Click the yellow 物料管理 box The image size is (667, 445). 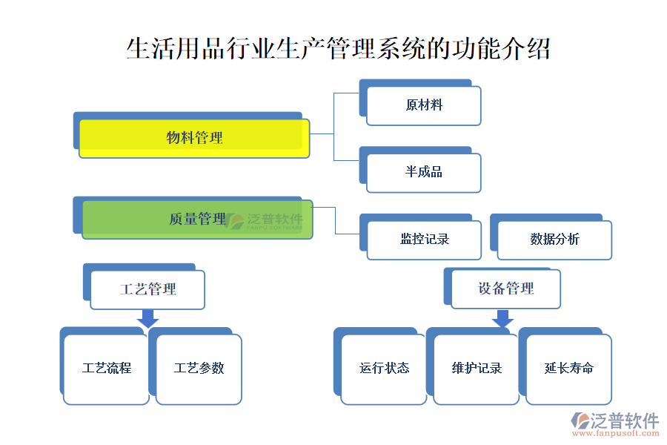194,138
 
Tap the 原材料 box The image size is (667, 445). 424,105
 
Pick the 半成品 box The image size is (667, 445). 424,172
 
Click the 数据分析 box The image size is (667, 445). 555,239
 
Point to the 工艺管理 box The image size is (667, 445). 147,289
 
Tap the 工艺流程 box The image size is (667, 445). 107,369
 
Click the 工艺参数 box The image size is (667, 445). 199,369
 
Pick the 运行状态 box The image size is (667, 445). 384,369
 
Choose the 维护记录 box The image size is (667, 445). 477,369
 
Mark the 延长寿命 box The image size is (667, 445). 569,369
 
